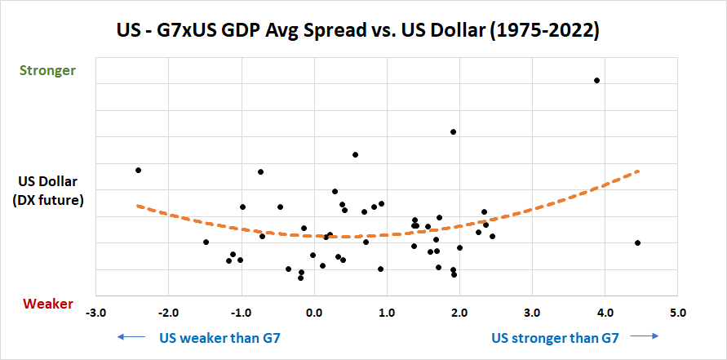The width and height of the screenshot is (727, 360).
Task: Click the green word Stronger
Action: (50, 70)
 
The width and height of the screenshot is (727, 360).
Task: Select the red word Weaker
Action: (48, 304)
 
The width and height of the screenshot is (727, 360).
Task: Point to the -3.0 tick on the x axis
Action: (95, 313)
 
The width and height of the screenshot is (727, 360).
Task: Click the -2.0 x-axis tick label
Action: (168, 313)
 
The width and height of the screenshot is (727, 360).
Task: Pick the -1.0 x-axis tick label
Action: (241, 313)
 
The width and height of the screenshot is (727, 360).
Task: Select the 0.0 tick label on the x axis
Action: (313, 313)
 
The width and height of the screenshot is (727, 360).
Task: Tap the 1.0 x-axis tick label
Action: (387, 313)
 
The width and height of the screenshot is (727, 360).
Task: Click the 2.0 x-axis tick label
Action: (459, 313)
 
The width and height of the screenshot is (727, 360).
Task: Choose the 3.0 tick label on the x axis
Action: (532, 313)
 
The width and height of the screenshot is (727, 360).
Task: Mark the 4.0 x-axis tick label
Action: (605, 313)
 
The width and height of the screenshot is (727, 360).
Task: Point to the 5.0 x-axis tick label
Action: (677, 313)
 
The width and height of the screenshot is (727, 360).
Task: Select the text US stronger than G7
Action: (555, 336)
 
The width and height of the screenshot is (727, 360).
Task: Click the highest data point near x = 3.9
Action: (597, 80)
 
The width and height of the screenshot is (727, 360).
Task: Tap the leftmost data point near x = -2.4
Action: (139, 170)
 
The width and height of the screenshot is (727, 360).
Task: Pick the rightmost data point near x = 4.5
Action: (637, 242)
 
